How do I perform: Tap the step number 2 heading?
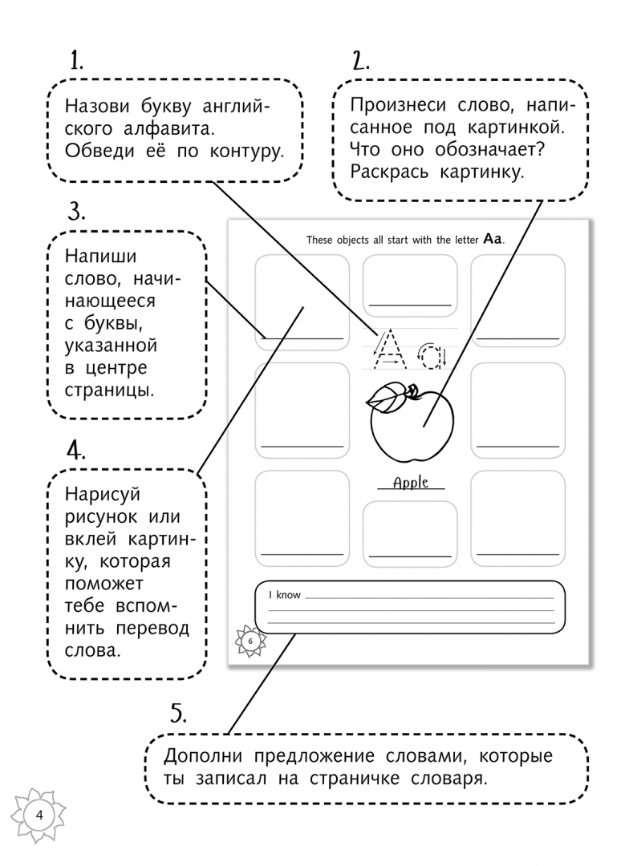(x=360, y=61)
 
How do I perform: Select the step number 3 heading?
(x=76, y=212)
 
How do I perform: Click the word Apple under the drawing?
(x=411, y=483)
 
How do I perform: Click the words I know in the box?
(x=284, y=595)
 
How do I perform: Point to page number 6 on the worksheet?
(x=250, y=641)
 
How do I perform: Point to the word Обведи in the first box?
(x=93, y=149)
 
